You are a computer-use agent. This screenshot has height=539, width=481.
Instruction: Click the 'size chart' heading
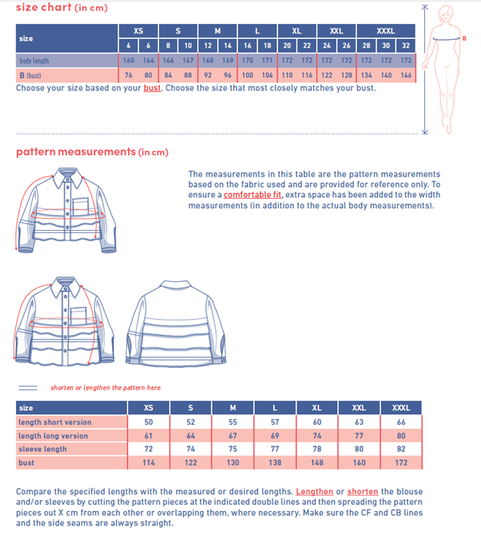(x=43, y=7)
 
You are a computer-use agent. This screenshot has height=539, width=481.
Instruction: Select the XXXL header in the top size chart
(x=386, y=30)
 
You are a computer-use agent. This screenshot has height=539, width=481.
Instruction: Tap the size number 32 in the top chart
(x=406, y=46)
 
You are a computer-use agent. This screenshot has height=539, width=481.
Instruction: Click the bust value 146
(x=406, y=75)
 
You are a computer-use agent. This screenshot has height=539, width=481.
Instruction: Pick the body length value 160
(x=129, y=61)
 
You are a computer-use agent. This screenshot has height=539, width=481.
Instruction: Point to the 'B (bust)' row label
(x=30, y=75)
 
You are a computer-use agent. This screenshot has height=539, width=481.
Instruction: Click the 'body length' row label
(x=34, y=61)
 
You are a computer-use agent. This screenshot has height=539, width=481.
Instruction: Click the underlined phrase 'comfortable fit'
(x=252, y=195)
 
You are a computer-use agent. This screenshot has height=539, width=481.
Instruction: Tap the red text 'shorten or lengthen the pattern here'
(x=105, y=387)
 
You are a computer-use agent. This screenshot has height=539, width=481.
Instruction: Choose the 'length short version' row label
(x=55, y=422)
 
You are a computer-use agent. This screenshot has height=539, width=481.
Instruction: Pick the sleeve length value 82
(x=402, y=449)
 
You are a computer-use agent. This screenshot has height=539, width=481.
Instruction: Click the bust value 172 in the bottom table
(x=402, y=462)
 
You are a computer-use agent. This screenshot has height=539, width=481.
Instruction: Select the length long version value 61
(x=149, y=435)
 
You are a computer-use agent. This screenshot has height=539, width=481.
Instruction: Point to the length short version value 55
(x=233, y=422)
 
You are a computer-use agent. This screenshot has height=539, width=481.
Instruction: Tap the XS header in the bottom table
(x=149, y=408)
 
